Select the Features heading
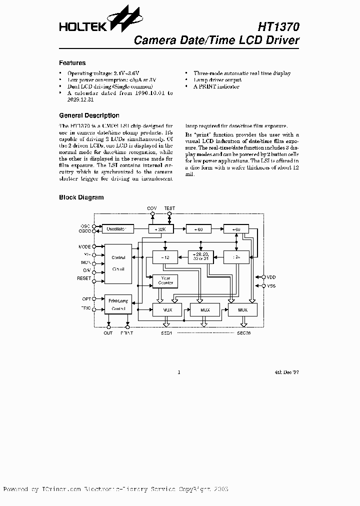click(x=72, y=63)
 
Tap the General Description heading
click(x=89, y=115)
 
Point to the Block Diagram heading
click(x=81, y=197)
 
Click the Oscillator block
click(x=118, y=229)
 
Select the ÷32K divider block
click(x=161, y=229)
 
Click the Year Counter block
click(x=165, y=281)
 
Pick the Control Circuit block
click(x=118, y=263)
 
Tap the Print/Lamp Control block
click(x=118, y=304)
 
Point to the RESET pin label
click(x=84, y=278)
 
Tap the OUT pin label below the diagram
click(x=108, y=332)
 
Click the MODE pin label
click(x=84, y=247)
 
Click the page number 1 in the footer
click(x=178, y=372)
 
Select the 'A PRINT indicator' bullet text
click(x=216, y=86)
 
